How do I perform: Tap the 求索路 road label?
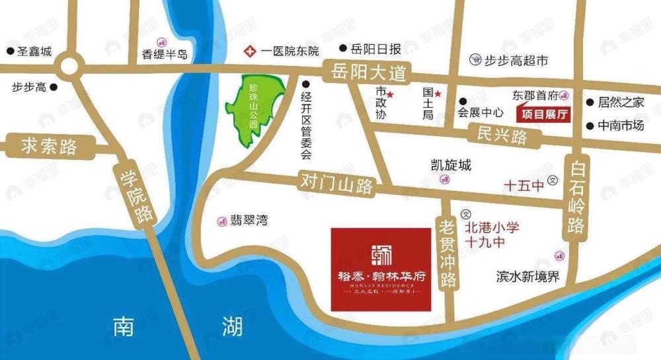coord(40,146)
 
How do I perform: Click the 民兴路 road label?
coord(502,137)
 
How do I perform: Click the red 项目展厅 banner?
coord(545,114)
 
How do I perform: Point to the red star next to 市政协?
coord(390,94)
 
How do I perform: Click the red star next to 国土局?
coord(437,94)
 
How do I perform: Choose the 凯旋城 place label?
coord(450,165)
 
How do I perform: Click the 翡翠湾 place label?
coord(251,221)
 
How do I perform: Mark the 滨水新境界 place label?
coord(527,276)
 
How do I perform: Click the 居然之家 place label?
coord(621,102)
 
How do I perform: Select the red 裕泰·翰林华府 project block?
coord(381,269)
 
